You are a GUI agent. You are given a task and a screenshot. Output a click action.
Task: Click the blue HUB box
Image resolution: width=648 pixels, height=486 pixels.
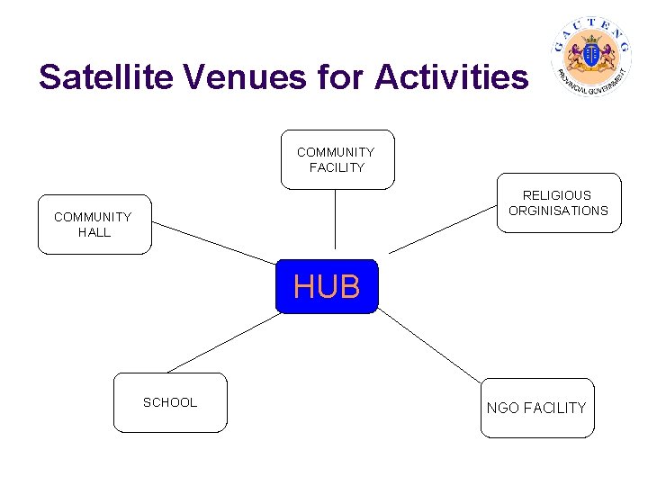(x=326, y=286)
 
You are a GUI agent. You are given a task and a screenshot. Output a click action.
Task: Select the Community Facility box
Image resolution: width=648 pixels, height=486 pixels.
(x=337, y=159)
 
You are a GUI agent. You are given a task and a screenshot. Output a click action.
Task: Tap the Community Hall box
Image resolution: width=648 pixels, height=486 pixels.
(x=94, y=224)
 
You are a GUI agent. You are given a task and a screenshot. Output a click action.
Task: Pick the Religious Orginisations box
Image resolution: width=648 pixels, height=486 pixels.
(x=558, y=202)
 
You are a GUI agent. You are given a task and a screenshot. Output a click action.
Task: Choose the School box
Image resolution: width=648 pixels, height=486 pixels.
(x=170, y=402)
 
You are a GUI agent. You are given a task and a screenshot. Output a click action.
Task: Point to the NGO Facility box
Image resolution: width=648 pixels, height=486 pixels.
(x=536, y=408)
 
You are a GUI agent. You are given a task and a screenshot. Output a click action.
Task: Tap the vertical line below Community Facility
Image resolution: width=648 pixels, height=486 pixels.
(x=336, y=219)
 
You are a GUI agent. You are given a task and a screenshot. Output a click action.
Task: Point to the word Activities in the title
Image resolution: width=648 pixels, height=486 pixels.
(x=452, y=77)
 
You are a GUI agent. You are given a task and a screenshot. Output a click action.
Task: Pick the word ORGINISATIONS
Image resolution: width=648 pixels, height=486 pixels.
(x=558, y=211)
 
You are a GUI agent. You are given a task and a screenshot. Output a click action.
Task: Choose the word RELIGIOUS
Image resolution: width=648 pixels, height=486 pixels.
(x=558, y=194)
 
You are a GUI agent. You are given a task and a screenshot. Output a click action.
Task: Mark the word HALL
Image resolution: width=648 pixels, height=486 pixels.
(x=94, y=232)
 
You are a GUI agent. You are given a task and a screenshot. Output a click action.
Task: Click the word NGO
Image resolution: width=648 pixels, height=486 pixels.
(x=502, y=408)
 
